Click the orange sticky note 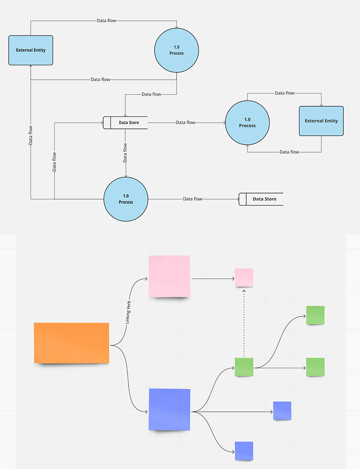click(x=72, y=343)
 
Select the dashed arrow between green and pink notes click(x=244, y=324)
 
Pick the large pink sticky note click(x=169, y=276)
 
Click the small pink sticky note click(x=244, y=278)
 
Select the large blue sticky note click(x=169, y=409)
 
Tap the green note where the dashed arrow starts click(x=244, y=367)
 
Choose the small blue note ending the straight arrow click(x=282, y=411)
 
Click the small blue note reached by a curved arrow click(x=244, y=451)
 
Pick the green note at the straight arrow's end click(x=315, y=367)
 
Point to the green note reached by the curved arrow click(x=315, y=315)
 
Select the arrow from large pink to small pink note click(x=213, y=279)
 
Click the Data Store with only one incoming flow click(x=261, y=199)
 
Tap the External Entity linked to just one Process click(x=321, y=121)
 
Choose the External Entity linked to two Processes click(x=31, y=50)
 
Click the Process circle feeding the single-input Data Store click(x=126, y=199)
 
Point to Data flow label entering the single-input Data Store click(x=193, y=199)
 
